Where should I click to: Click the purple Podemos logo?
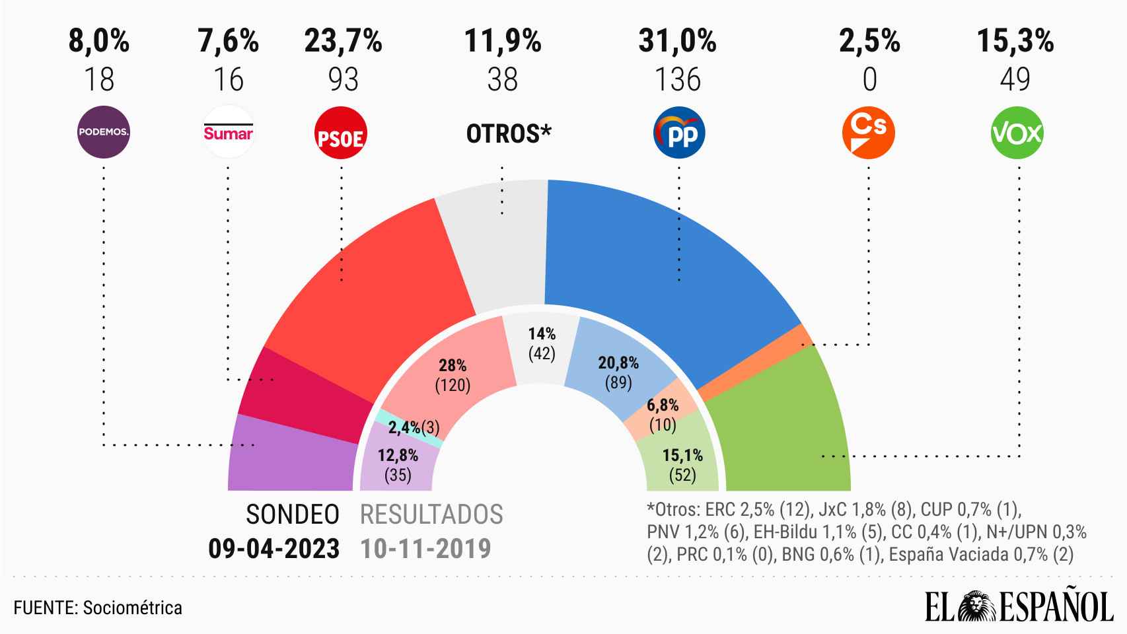(x=104, y=131)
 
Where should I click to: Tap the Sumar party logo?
(x=228, y=131)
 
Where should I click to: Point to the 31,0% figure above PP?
(x=677, y=42)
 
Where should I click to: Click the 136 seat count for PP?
(x=677, y=80)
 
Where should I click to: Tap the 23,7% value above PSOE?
(x=343, y=42)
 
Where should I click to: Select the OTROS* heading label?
(x=509, y=133)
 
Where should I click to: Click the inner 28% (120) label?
(x=453, y=375)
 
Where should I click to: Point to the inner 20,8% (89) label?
(x=618, y=372)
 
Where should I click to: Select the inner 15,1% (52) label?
(x=682, y=464)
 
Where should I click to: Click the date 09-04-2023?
(x=274, y=548)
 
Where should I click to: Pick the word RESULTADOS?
(x=431, y=514)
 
